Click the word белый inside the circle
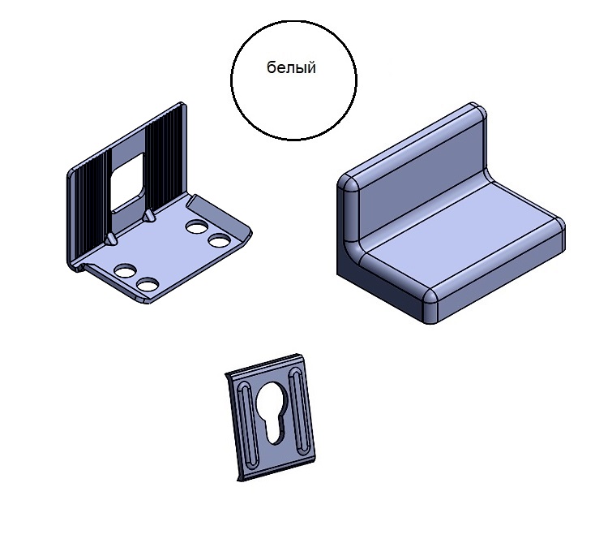tap(291, 67)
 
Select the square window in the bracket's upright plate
tap(127, 183)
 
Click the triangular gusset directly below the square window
tap(148, 216)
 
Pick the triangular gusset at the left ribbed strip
tap(111, 239)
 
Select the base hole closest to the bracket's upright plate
tap(196, 227)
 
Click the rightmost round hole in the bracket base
tap(219, 240)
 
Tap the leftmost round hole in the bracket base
tap(125, 270)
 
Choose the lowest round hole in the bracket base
tap(148, 284)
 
